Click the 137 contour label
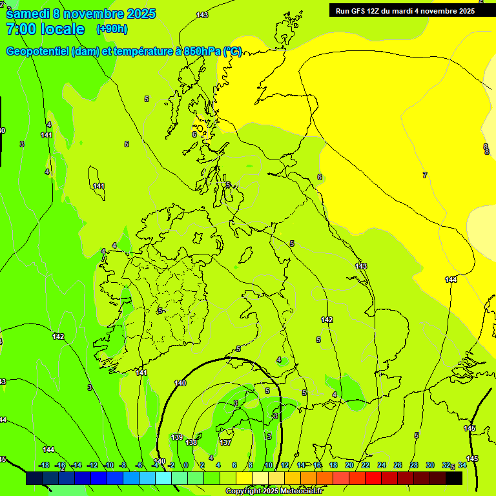pos(225,442)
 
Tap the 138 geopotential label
pos(191,442)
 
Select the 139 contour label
pos(177,437)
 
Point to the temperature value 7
pos(424,175)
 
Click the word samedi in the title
pos(28,14)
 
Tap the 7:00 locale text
pos(45,29)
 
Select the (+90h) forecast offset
pos(112,29)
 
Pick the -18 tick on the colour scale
pos(44,465)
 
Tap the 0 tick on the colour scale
pos(186,465)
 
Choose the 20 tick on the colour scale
pos(349,465)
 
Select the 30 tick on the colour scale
pos(430,465)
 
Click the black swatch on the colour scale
pos(454,478)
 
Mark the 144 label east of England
pos(451,280)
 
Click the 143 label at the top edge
pos(202,14)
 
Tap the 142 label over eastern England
pos(327,320)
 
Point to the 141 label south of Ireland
pos(141,373)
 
